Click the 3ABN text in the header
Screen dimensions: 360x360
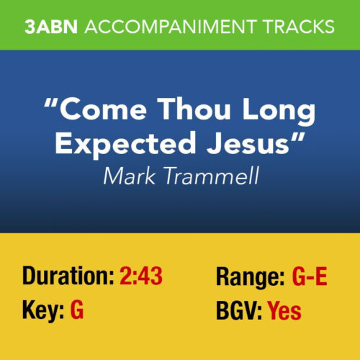[x=54, y=27]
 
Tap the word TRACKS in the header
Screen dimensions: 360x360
[x=292, y=27]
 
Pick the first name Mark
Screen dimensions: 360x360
[x=127, y=175]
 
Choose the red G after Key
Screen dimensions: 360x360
[x=77, y=311]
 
